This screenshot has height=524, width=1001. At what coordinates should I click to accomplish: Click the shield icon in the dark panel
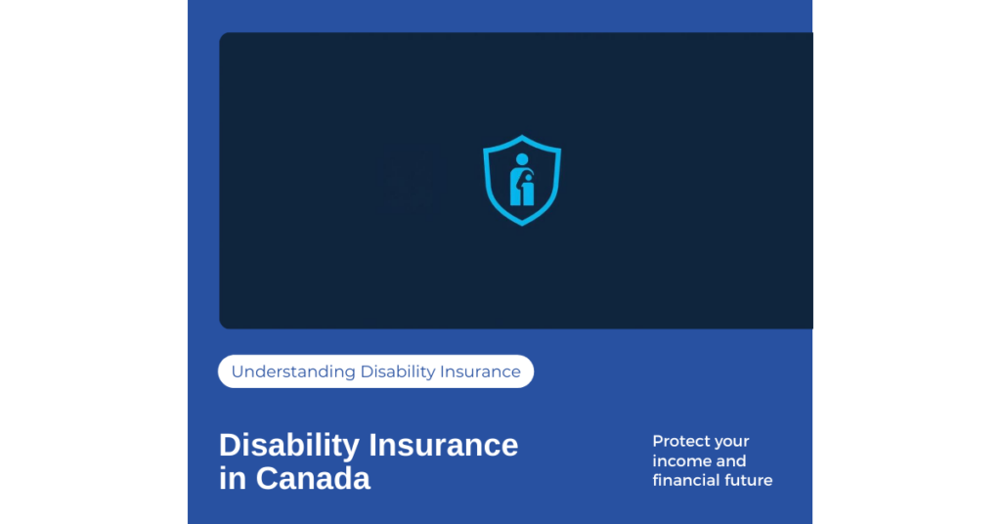pyautogui.click(x=522, y=180)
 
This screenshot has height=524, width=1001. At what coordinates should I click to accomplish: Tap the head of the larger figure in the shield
pyautogui.click(x=521, y=159)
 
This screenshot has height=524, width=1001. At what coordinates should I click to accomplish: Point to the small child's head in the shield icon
pyautogui.click(x=528, y=177)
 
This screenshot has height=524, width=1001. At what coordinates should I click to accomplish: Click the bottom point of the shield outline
pyautogui.click(x=522, y=223)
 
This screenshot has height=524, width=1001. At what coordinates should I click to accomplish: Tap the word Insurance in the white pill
pyautogui.click(x=482, y=371)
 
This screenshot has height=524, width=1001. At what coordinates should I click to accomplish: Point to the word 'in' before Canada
pyautogui.click(x=233, y=479)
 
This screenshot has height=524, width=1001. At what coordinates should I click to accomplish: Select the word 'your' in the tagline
pyautogui.click(x=731, y=442)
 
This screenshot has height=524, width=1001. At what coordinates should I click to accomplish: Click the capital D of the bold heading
pyautogui.click(x=230, y=446)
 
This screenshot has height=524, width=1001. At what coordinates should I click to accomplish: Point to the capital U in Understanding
pyautogui.click(x=238, y=371)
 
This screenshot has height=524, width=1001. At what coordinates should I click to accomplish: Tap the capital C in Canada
pyautogui.click(x=268, y=479)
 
